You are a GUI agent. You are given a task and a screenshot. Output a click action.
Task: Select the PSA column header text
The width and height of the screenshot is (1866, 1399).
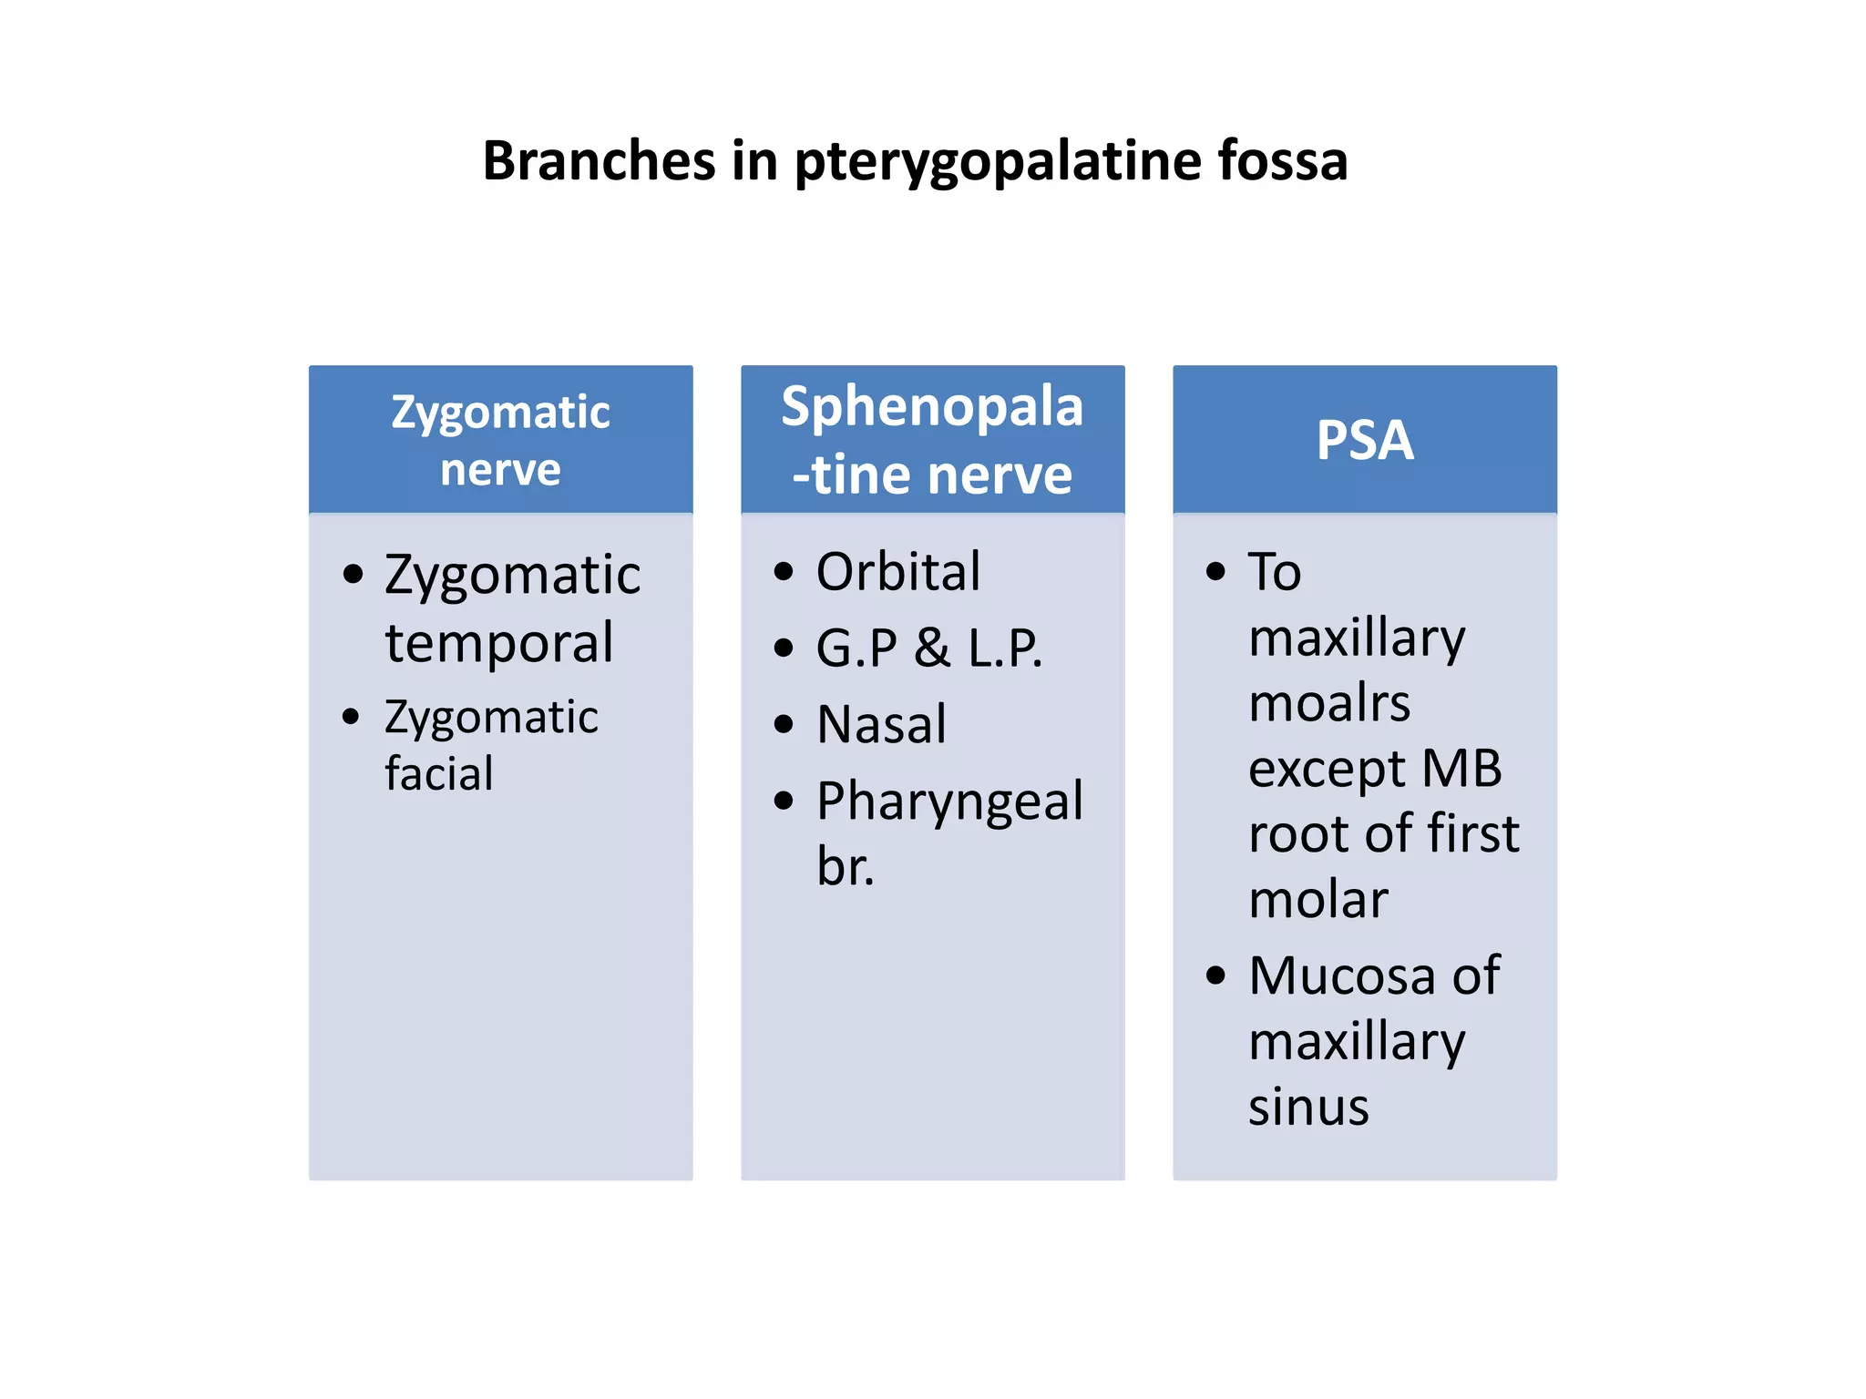click(x=1364, y=440)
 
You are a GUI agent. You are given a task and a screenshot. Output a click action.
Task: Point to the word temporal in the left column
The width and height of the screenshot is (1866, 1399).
click(x=499, y=642)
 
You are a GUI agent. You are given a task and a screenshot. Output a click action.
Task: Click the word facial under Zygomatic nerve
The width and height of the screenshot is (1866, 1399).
click(x=438, y=774)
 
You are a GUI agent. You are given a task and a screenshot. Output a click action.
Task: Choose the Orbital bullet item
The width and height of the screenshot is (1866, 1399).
click(x=897, y=572)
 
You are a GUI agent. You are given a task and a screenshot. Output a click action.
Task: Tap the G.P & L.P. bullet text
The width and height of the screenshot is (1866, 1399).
click(x=928, y=648)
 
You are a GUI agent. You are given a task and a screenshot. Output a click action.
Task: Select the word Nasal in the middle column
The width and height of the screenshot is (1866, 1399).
click(x=881, y=725)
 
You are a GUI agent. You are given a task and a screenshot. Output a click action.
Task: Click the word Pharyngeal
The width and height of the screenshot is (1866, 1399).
click(x=949, y=802)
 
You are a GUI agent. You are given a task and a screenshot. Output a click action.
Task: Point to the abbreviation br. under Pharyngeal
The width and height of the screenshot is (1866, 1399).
click(x=845, y=866)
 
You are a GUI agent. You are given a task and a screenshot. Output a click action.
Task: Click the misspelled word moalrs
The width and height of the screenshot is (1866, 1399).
click(x=1328, y=703)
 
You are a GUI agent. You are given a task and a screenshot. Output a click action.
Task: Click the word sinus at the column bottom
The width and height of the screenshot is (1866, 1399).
click(x=1308, y=1107)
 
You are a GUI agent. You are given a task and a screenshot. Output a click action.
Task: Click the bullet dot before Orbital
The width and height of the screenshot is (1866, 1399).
click(x=783, y=572)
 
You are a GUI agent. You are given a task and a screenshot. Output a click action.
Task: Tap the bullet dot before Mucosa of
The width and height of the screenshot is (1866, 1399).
click(x=1215, y=975)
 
